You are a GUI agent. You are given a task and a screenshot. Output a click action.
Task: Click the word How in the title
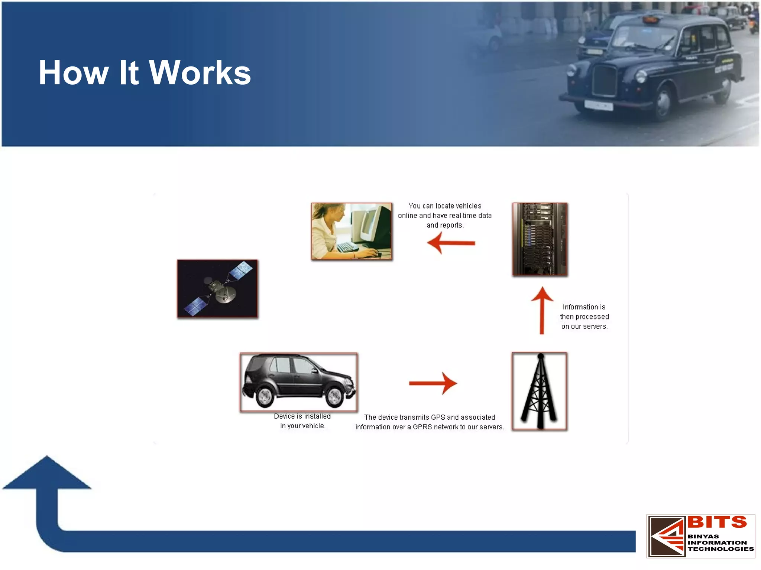pos(73,73)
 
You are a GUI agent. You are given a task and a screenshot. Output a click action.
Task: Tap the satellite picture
pos(217,289)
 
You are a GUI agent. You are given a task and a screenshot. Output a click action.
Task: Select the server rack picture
pos(540,239)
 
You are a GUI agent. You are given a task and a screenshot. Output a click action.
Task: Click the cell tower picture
pos(539,391)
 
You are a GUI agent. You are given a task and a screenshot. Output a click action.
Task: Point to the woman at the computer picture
pos(352,231)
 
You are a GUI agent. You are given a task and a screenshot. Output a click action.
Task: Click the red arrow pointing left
pos(451,243)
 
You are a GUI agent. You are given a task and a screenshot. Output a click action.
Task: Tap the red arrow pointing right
pos(433,383)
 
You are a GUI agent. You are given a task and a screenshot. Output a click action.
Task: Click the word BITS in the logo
pos(717,522)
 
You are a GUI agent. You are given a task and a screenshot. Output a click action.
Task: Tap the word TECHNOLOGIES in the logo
pos(720,549)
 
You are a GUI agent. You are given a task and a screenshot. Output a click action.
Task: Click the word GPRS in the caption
pos(422,427)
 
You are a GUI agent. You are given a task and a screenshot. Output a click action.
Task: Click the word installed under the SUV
pos(317,416)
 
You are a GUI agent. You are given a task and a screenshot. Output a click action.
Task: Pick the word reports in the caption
pos(451,225)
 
